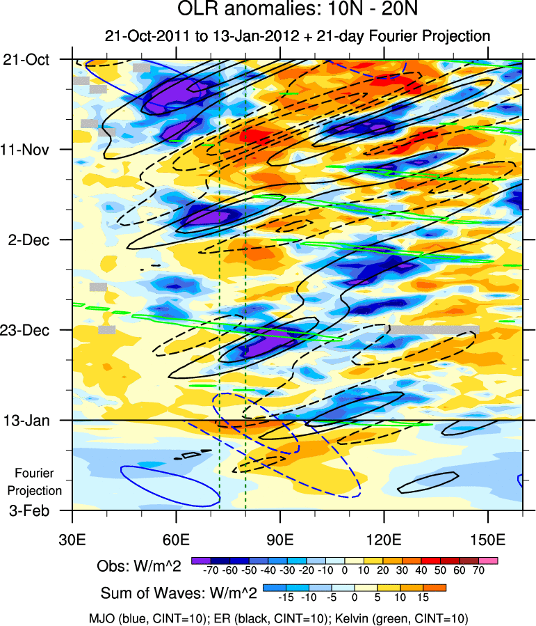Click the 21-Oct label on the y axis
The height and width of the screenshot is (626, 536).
tap(26, 60)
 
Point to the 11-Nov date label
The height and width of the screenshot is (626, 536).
tap(26, 150)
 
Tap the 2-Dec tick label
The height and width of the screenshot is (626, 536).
tap(29, 240)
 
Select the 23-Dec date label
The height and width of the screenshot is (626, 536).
tap(26, 330)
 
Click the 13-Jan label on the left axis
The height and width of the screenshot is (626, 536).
tap(26, 421)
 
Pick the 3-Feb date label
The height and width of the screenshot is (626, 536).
tap(29, 510)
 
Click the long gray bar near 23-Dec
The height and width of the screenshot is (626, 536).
tap(432, 329)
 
